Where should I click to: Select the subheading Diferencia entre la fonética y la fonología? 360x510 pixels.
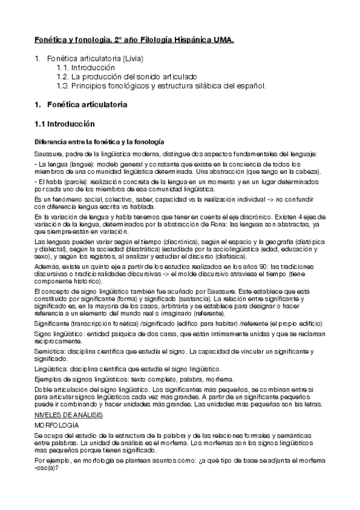[x=99, y=141]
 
